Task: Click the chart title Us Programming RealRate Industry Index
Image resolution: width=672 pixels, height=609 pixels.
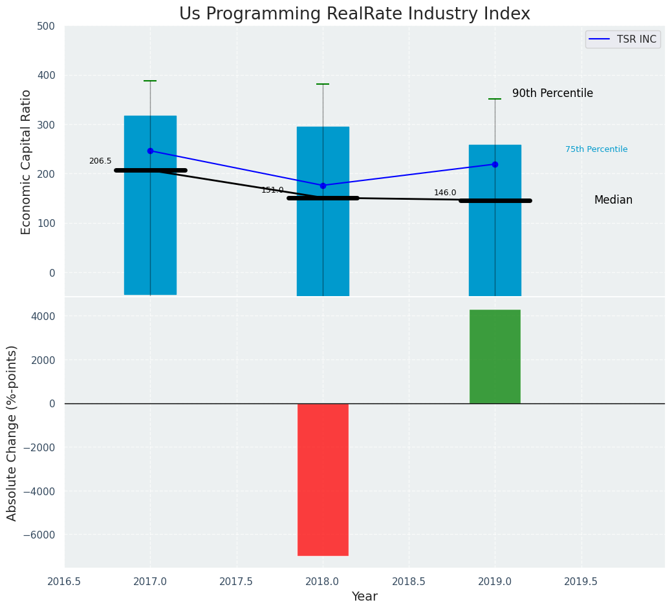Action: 354,14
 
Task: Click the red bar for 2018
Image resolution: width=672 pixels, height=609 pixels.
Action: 323,479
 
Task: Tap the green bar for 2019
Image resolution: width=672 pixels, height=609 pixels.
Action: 495,356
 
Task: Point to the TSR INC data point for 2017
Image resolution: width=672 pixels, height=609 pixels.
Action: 150,151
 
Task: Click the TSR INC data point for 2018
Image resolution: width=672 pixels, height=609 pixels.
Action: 323,186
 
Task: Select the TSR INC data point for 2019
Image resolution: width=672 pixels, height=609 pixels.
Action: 495,164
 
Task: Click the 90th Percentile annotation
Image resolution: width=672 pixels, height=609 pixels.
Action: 552,93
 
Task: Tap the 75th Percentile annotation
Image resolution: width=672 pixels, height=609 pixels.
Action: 596,149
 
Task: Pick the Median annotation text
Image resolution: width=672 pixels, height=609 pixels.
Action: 613,200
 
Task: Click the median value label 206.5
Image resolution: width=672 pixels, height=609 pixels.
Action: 100,161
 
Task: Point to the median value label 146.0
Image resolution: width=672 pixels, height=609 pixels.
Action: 445,193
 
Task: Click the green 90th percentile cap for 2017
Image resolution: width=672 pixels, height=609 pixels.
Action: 150,81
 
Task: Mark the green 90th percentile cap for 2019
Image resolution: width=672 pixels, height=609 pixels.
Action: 495,99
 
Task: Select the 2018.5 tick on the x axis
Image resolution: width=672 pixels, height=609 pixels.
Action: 409,581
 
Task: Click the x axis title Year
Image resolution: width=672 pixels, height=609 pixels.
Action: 365,597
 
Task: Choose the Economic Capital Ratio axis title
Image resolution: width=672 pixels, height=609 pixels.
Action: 26,162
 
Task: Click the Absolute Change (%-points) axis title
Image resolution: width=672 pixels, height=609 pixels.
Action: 12,433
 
